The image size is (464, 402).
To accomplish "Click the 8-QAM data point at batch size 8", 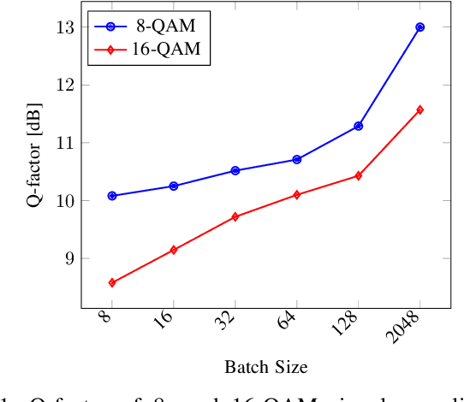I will point(112,196).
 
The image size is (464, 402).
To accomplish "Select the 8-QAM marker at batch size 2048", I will point(419,27).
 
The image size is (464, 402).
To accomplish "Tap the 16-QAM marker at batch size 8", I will point(112,282).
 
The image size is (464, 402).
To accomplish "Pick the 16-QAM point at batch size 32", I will point(235,216).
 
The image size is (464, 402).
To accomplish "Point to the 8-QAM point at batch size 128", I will point(358,126).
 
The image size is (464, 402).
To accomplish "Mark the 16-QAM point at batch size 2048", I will point(419,109).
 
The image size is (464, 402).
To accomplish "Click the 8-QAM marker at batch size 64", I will point(296,159).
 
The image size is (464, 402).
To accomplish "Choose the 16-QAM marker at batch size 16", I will point(174,250).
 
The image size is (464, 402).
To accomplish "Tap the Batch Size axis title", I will point(265,367).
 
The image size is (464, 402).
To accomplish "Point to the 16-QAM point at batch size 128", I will point(358,175).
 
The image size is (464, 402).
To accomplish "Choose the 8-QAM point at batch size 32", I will point(235,170).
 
